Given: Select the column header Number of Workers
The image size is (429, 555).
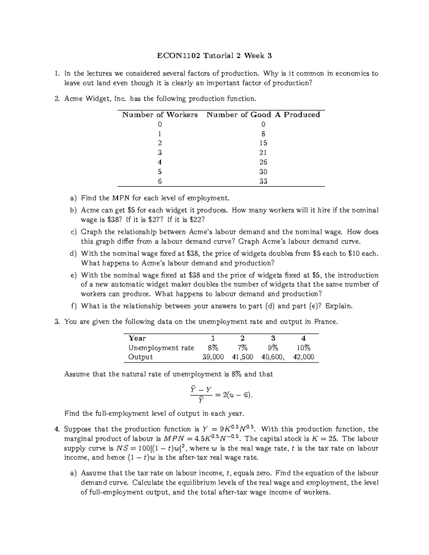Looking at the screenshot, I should pyautogui.click(x=160, y=115).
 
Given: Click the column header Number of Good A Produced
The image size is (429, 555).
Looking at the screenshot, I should pyautogui.click(x=263, y=115).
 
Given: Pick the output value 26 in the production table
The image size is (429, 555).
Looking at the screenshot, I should pyautogui.click(x=263, y=162).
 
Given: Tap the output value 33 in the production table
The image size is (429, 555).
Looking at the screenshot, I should pyautogui.click(x=263, y=181).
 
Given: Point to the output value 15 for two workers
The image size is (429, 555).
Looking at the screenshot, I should pyautogui.click(x=263, y=143).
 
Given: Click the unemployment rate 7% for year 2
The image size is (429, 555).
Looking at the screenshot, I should pyautogui.click(x=242, y=348).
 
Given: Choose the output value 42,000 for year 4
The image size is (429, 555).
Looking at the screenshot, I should pyautogui.click(x=304, y=357).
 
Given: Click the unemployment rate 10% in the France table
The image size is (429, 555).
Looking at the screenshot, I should pyautogui.click(x=304, y=348).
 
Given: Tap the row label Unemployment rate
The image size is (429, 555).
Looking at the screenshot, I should pyautogui.click(x=161, y=348).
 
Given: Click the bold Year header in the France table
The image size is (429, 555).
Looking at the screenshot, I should pyautogui.click(x=137, y=338).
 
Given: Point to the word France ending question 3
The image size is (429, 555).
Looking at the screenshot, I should pyautogui.click(x=325, y=322).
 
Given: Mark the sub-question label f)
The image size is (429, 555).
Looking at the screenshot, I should pyautogui.click(x=73, y=306).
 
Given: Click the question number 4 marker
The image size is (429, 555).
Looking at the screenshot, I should pyautogui.click(x=56, y=429).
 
